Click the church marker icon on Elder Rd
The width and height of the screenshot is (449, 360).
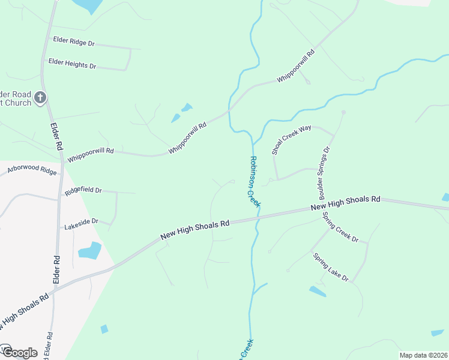click(x=40, y=97)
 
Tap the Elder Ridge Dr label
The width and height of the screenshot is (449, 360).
click(x=74, y=41)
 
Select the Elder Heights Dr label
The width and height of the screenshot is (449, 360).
click(x=72, y=63)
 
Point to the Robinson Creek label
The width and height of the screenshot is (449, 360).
click(x=255, y=182)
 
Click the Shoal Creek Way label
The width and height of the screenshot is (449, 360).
click(x=292, y=140)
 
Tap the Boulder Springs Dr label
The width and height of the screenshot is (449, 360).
click(x=325, y=173)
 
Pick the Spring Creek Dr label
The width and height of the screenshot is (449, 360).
click(x=340, y=227)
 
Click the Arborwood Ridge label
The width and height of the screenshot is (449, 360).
click(x=31, y=170)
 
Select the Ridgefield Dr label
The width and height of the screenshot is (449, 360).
click(x=83, y=190)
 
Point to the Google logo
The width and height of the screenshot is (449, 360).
click(x=19, y=352)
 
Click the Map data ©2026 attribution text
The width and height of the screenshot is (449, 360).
click(x=423, y=355)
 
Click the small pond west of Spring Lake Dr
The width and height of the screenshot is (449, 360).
click(x=318, y=292)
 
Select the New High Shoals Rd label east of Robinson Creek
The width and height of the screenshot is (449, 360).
click(x=345, y=203)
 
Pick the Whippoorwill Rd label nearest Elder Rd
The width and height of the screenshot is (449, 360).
click(x=90, y=155)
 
